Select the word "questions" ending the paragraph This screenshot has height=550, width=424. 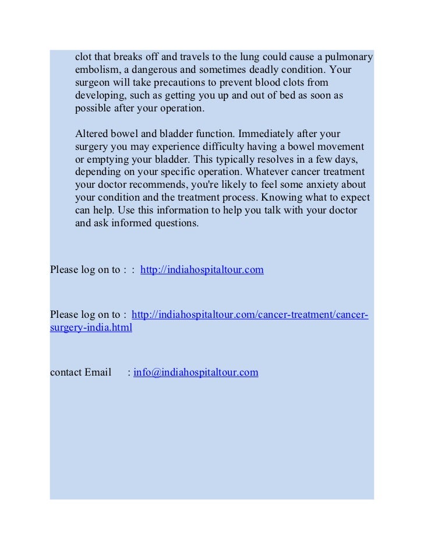coord(175,222)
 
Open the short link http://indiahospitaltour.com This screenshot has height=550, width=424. coord(202,270)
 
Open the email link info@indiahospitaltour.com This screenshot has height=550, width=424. coord(196,372)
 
